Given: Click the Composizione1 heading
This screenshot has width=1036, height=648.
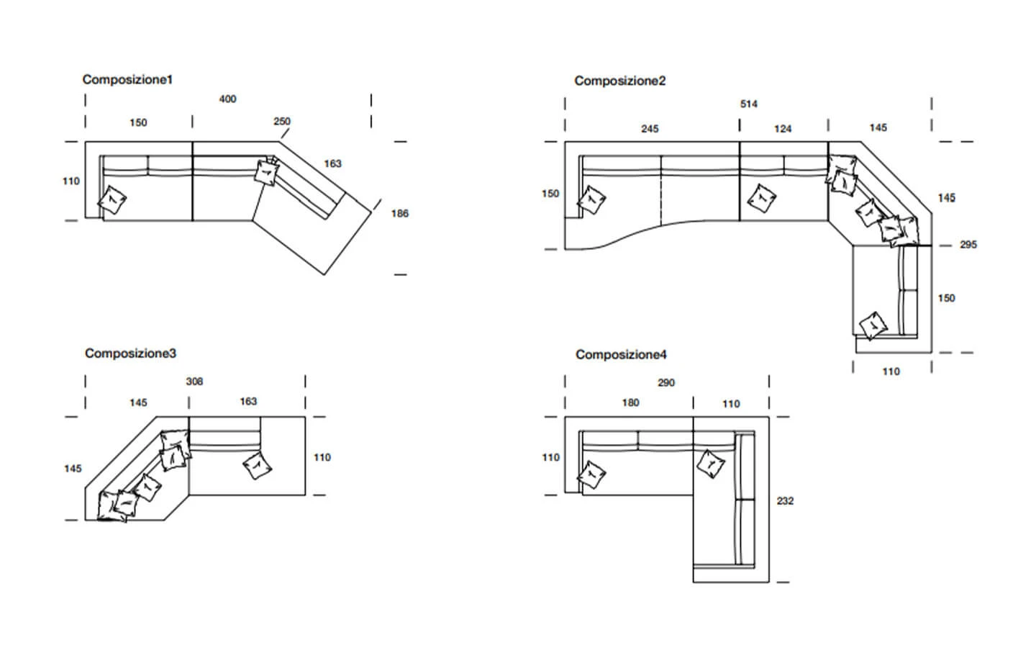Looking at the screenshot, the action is click(x=127, y=80).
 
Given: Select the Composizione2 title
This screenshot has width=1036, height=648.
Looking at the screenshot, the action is click(x=619, y=81).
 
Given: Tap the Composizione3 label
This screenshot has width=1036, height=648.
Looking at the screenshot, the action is click(x=130, y=353).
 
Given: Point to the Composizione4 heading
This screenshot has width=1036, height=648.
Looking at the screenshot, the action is click(x=621, y=354).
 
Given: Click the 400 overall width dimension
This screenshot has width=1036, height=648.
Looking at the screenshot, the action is click(x=227, y=99).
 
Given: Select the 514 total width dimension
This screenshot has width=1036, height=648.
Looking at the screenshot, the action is click(x=749, y=104).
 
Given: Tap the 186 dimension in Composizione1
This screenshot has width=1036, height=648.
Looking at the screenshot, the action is click(x=400, y=213).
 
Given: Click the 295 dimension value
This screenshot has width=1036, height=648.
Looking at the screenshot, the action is click(x=968, y=244).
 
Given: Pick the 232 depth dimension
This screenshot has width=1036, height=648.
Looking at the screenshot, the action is click(x=786, y=501).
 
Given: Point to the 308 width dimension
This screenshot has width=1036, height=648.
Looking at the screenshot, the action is click(x=194, y=382).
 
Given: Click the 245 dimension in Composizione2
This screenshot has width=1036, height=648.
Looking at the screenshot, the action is click(x=650, y=129).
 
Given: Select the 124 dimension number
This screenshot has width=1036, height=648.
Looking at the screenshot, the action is click(x=783, y=129).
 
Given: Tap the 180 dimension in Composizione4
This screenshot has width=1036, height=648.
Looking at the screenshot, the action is click(x=630, y=402).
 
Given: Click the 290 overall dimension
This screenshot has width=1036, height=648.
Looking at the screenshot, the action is click(x=666, y=383).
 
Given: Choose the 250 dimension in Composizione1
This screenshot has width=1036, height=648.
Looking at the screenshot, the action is click(x=282, y=121).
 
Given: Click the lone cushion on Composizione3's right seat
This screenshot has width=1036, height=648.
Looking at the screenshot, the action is click(x=257, y=466).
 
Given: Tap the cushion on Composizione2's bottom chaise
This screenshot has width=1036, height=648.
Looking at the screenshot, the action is click(x=873, y=326).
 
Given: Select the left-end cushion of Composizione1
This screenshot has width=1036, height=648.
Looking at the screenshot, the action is click(x=112, y=200).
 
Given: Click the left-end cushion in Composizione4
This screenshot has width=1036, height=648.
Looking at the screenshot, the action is click(x=591, y=474).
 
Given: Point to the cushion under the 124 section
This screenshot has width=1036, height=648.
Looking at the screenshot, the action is click(x=762, y=198).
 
